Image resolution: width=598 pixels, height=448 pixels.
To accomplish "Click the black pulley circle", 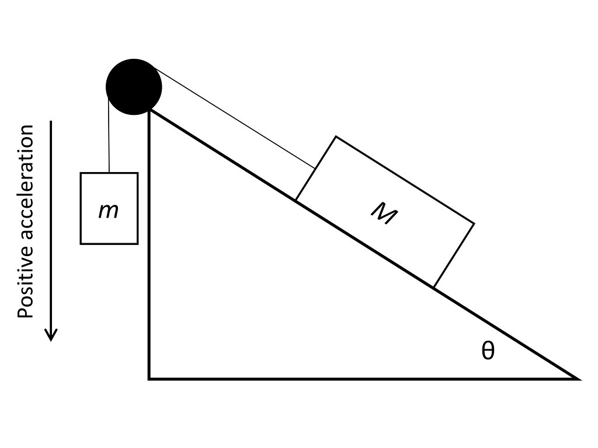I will tap(134, 87).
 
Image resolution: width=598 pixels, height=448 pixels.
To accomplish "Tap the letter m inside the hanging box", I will tap(109, 211).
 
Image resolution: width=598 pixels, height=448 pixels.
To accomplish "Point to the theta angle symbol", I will tap(488, 351).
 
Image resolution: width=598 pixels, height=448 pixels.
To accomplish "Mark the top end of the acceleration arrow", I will tap(51, 122).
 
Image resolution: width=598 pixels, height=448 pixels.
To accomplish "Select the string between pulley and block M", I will tap(234, 120).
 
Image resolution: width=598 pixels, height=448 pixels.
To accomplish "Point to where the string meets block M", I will tap(315, 169).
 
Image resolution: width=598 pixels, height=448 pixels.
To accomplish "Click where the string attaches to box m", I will tap(109, 173).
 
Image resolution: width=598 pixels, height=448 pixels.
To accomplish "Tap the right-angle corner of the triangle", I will tap(149, 379).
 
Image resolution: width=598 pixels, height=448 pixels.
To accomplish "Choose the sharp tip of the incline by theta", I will tap(577, 379).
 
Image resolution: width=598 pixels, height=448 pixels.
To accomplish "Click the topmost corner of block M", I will tap(336, 136).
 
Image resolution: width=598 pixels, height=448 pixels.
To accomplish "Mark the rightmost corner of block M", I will tap(474, 223).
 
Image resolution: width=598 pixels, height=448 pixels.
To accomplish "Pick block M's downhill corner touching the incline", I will tap(433, 287).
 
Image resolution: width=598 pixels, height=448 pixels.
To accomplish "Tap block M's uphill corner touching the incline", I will tap(295, 200).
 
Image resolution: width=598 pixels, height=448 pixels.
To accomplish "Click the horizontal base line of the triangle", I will tap(350, 379).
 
